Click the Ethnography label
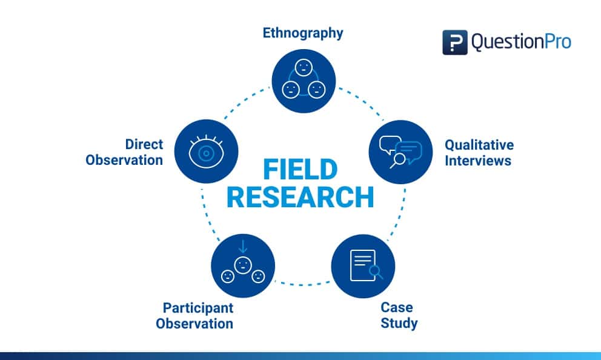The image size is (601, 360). tap(302, 33)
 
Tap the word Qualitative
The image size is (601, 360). tap(479, 145)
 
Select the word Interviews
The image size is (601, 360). tap(477, 161)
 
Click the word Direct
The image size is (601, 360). tap(144, 144)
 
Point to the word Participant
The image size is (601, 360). tap(198, 307)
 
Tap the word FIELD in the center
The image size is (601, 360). tap(300, 170)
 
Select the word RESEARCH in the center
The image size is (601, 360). tap(300, 197)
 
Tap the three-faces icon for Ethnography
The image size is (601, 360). tap(304, 81)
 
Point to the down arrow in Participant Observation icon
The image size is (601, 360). tap(243, 246)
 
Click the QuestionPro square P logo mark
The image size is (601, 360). tap(454, 42)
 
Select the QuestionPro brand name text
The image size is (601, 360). tap(521, 42)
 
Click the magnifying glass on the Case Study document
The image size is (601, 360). tap(376, 272)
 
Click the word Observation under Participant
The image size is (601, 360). tap(194, 323)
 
